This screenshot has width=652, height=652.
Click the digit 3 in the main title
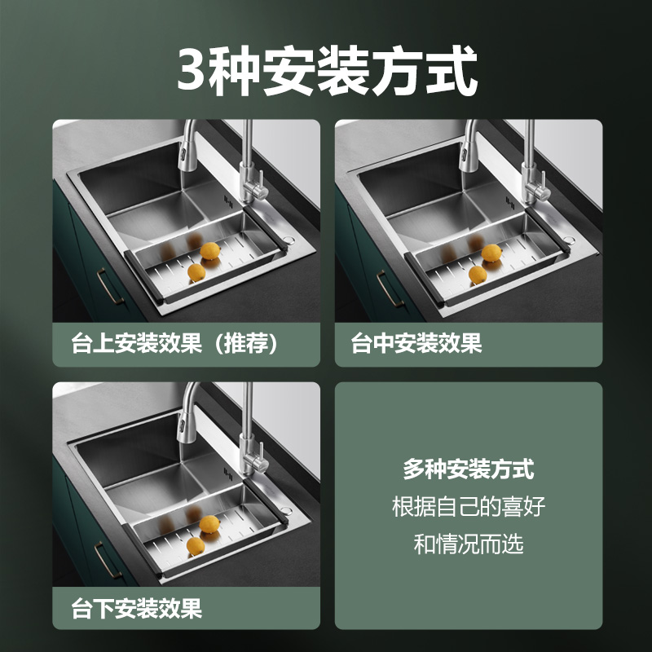click(192, 69)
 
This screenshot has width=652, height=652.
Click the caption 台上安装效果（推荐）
click(174, 343)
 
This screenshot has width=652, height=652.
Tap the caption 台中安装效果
click(416, 343)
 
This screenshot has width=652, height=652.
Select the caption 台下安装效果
click(137, 608)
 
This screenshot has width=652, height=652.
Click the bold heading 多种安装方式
click(468, 469)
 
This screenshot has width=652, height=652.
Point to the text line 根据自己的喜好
click(468, 506)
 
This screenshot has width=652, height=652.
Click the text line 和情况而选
click(468, 544)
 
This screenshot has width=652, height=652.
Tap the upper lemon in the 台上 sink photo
click(210, 251)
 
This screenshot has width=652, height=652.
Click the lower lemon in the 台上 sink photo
click(196, 272)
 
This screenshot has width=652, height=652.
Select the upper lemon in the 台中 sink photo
click(491, 253)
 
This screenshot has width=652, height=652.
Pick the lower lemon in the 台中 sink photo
click(478, 275)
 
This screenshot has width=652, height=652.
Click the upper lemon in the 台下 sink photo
click(209, 524)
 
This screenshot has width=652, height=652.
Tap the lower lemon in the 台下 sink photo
click(196, 545)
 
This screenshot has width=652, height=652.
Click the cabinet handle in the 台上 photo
click(109, 286)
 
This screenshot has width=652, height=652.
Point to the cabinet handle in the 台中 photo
click(390, 289)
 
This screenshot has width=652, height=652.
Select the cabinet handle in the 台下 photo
click(108, 560)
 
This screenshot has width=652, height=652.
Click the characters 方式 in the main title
click(425, 71)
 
